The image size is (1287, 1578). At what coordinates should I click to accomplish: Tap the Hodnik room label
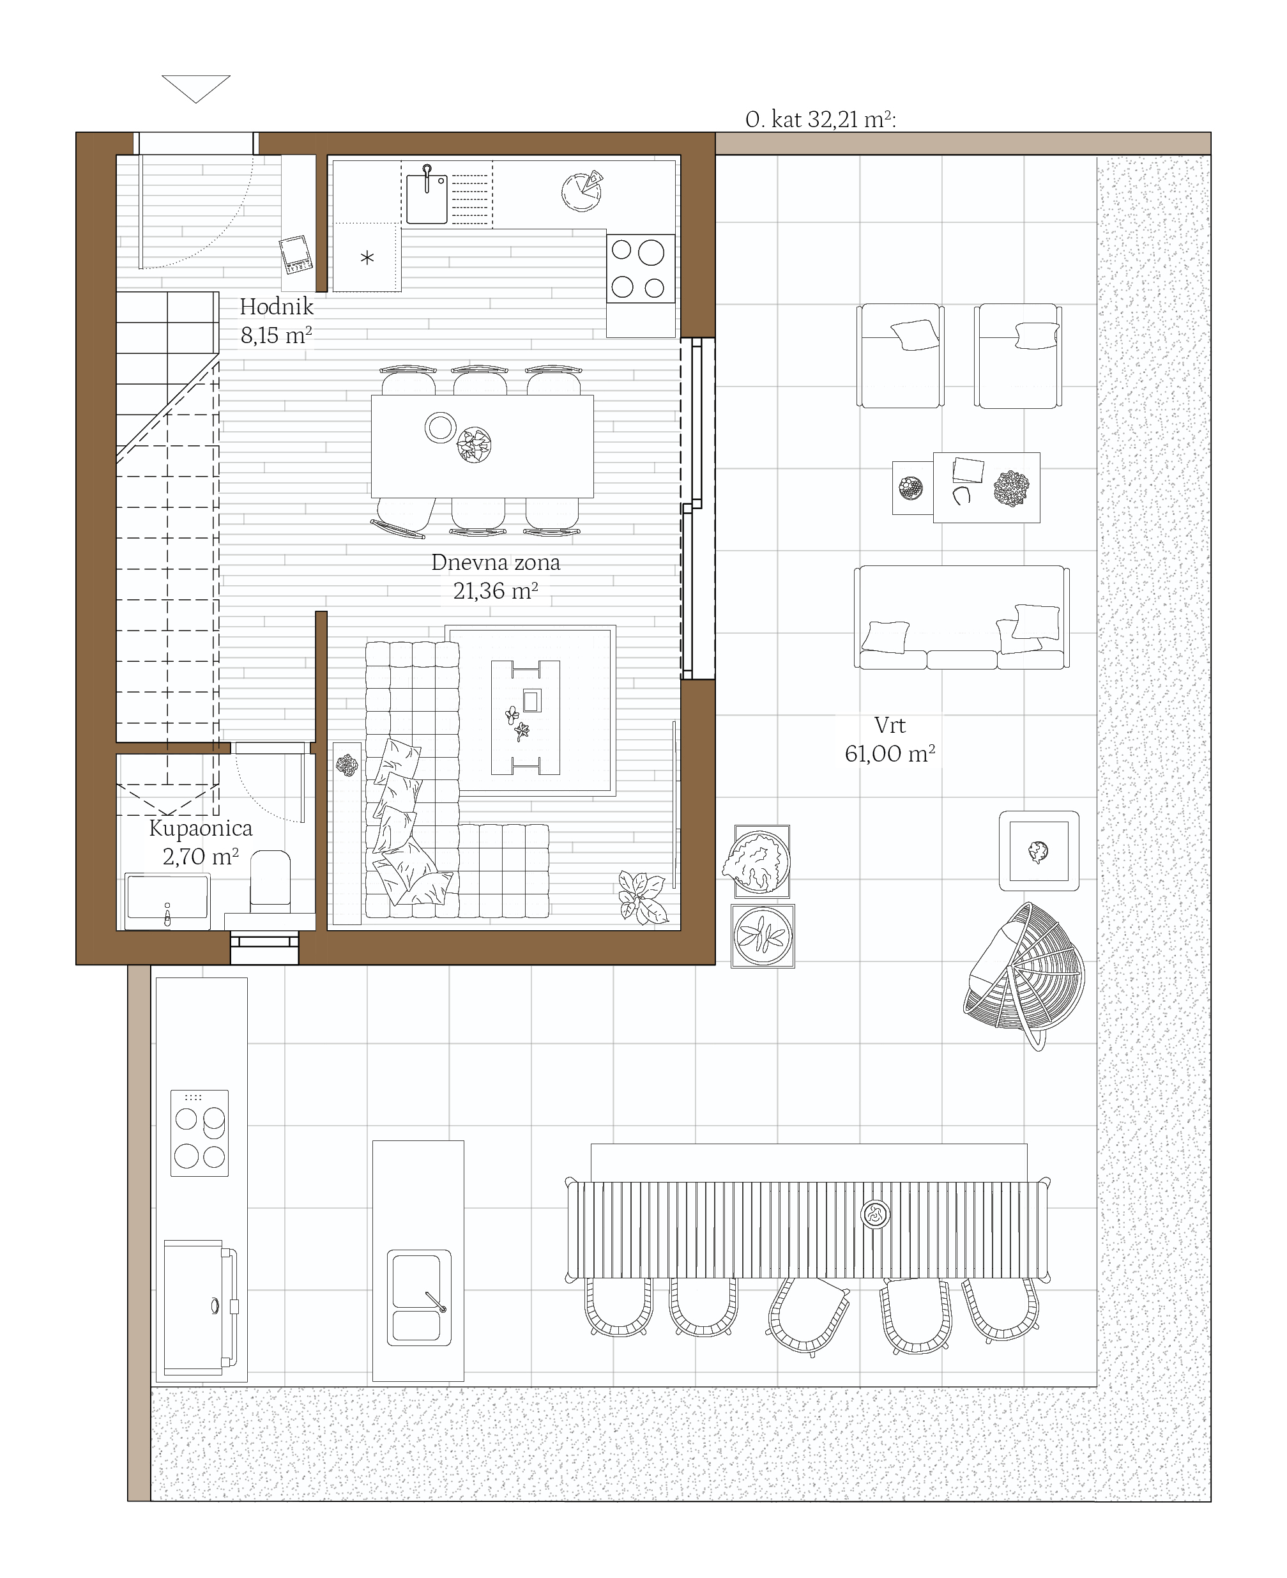point(277,306)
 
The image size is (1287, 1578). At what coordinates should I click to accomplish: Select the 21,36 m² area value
point(495,591)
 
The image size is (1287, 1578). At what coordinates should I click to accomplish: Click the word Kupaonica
point(201,829)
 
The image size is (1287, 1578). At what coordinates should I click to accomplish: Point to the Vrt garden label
point(890,724)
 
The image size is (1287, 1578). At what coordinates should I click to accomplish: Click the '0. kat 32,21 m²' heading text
point(821,119)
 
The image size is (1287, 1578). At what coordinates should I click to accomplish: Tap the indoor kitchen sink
point(427,197)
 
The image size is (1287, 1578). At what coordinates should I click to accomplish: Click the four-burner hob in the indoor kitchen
point(641,268)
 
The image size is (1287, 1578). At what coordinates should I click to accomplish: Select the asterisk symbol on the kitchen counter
point(367,258)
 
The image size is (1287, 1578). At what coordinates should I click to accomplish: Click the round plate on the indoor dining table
point(440,427)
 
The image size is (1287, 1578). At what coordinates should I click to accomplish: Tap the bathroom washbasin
point(167,900)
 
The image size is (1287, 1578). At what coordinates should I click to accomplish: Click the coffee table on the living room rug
point(525,717)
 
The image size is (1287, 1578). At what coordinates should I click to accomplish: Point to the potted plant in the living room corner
point(642,897)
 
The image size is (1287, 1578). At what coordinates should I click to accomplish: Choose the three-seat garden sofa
point(961,618)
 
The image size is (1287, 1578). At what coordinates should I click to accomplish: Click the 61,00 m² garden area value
point(890,754)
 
